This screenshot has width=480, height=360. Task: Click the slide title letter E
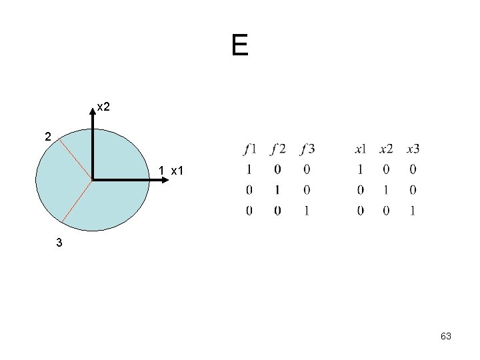click(x=240, y=45)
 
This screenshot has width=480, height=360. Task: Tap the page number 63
click(x=446, y=337)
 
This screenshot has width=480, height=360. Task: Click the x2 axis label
click(x=104, y=106)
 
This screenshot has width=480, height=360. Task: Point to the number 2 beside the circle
click(x=47, y=137)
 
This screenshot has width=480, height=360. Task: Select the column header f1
click(x=250, y=149)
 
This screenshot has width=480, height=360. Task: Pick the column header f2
click(x=278, y=149)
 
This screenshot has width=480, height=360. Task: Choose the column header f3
click(x=307, y=149)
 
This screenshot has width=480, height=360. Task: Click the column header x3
click(x=413, y=149)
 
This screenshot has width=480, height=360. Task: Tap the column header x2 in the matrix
click(x=386, y=149)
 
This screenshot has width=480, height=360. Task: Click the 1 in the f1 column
click(x=249, y=170)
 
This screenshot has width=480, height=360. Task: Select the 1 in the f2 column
click(x=277, y=191)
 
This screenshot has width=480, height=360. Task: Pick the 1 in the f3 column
click(x=307, y=211)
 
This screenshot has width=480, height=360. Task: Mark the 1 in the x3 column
click(x=413, y=211)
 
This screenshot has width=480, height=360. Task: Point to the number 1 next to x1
click(x=162, y=171)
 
